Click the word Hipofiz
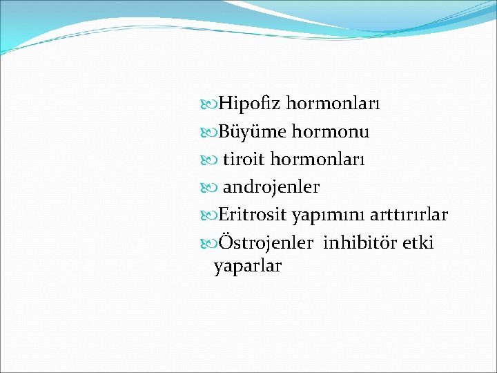(249, 104)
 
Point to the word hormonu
(331, 131)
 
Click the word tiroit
(244, 159)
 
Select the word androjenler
(271, 187)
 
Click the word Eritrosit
(253, 216)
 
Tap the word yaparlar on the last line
(248, 267)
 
